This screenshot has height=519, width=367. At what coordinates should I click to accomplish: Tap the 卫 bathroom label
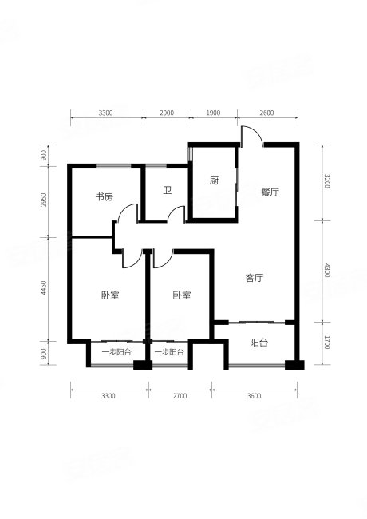click(x=168, y=191)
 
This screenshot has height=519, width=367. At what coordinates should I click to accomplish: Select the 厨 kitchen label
click(x=214, y=181)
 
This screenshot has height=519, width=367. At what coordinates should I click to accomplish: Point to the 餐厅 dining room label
click(x=269, y=192)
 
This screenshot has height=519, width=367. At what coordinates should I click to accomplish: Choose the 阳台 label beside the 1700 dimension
click(x=258, y=343)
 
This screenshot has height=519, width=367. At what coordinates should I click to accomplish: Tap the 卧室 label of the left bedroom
click(x=110, y=295)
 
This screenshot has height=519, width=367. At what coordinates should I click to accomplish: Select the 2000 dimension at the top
click(x=166, y=113)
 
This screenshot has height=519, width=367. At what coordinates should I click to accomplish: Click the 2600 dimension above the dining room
click(x=266, y=113)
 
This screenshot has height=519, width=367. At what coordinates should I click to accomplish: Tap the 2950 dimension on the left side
click(x=45, y=200)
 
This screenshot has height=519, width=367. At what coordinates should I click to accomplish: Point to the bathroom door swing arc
click(x=179, y=213)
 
